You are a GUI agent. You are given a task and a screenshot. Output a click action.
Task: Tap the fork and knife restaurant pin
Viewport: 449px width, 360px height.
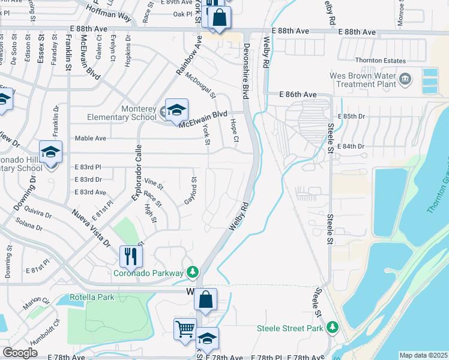point(130,256)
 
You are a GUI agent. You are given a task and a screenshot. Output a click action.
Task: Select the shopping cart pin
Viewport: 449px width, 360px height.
point(184,329)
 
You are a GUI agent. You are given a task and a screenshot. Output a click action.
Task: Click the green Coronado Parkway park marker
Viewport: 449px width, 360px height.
point(192,273)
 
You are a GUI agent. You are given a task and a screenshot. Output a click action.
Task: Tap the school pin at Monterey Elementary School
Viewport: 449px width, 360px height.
point(176,110)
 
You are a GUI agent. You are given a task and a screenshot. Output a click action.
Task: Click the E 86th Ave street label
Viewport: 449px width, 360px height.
point(298,95)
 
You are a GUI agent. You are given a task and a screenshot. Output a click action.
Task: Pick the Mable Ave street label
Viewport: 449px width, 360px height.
point(90,138)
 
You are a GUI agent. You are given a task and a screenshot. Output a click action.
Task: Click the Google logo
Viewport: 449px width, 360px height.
point(20,353)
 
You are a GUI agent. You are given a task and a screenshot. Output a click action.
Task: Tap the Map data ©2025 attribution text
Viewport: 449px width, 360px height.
point(423,355)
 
